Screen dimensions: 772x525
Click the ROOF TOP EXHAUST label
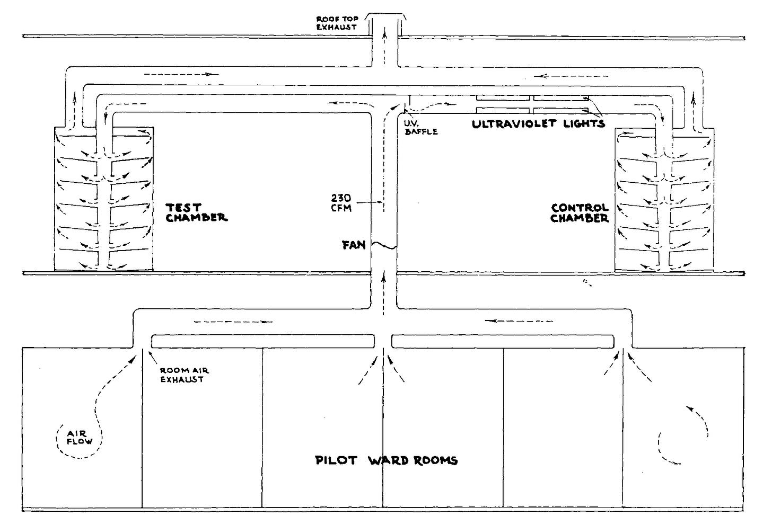pyautogui.click(x=337, y=23)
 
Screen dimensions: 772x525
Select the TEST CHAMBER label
pyautogui.click(x=196, y=212)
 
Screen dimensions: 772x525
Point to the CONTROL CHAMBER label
pyautogui.click(x=580, y=213)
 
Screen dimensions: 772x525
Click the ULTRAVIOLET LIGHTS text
pyautogui.click(x=538, y=124)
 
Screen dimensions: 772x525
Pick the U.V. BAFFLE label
pyautogui.click(x=421, y=127)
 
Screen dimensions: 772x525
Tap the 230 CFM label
pyautogui.click(x=341, y=203)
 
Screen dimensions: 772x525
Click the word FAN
pyautogui.click(x=354, y=245)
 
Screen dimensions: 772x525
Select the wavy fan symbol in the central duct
pyautogui.click(x=384, y=245)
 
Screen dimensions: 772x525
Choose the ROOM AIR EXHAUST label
pyautogui.click(x=185, y=375)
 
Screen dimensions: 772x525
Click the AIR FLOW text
pyautogui.click(x=80, y=438)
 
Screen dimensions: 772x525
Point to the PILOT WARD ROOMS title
pyautogui.click(x=387, y=460)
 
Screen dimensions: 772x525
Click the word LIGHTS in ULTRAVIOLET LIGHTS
pyautogui.click(x=584, y=123)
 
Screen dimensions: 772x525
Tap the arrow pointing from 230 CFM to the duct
pyautogui.click(x=369, y=202)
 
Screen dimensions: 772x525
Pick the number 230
pyautogui.click(x=341, y=198)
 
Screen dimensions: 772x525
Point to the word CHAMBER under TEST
pyautogui.click(x=196, y=218)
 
